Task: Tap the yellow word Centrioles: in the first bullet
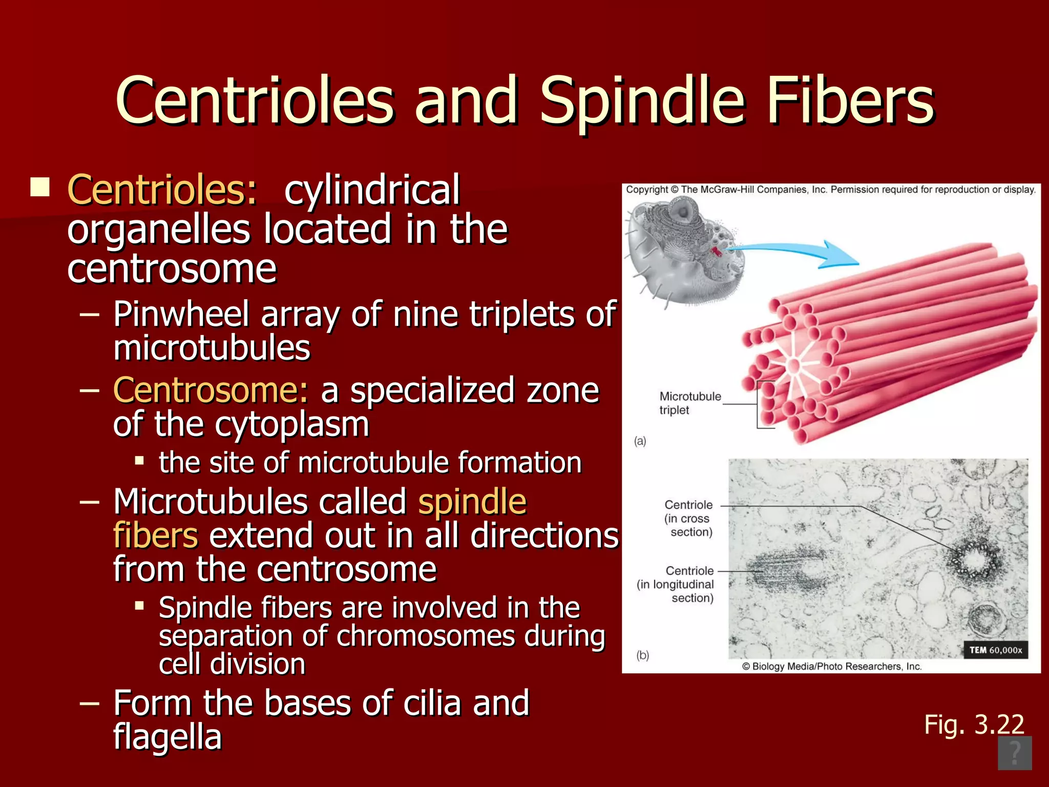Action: point(162,190)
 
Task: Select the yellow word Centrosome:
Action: point(211,390)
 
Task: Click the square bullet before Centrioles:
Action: point(40,188)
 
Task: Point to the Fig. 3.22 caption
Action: point(974,724)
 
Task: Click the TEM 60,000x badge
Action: point(995,650)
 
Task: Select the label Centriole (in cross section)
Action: point(689,519)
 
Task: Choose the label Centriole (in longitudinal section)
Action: point(676,584)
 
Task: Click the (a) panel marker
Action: point(640,441)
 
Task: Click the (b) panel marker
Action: point(642,655)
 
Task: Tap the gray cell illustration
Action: point(681,251)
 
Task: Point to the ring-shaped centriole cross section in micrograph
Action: point(972,562)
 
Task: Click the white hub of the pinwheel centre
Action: point(793,365)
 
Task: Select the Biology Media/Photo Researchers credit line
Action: point(831,666)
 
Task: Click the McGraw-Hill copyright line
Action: point(830,190)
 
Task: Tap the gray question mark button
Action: point(1014,753)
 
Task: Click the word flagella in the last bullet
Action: point(167,737)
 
